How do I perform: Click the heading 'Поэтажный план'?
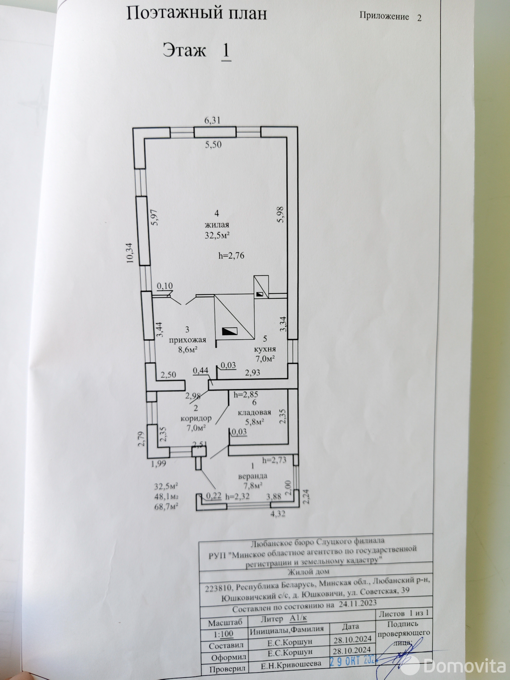[x=196, y=14]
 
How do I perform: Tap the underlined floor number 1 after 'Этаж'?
[x=226, y=51]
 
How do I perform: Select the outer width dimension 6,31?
[x=212, y=120]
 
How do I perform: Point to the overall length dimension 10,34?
[x=130, y=253]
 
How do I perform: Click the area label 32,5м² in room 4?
[x=217, y=235]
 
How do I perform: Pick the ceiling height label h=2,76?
[x=231, y=255]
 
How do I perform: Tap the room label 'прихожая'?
[x=187, y=340]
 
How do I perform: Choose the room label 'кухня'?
[x=265, y=349]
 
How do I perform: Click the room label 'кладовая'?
[x=255, y=412]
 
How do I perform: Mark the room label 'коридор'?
[x=196, y=419]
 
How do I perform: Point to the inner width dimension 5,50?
[x=213, y=144]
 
